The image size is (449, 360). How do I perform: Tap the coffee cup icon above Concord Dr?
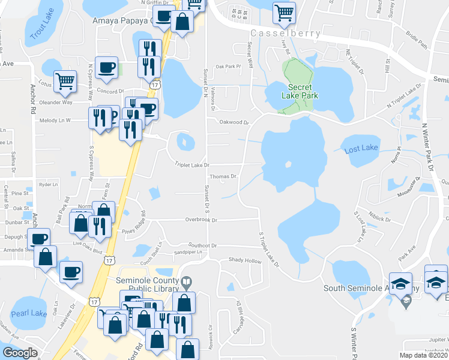106,68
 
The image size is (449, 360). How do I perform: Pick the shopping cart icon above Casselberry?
284,12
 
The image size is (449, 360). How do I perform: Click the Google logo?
20,353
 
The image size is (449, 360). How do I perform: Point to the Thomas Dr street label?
223,176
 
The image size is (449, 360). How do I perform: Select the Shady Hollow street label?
245,260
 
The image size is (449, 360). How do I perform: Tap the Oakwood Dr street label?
234,122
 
